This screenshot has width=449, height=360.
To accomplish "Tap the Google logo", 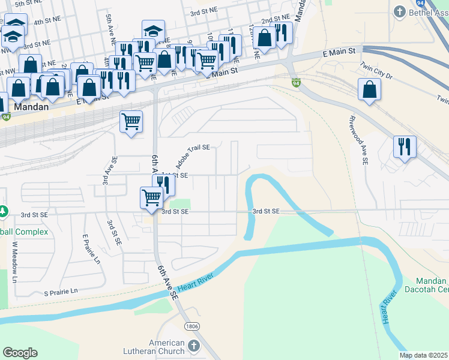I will click(x=20, y=353).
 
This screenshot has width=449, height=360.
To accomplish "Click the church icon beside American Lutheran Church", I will click(x=193, y=346).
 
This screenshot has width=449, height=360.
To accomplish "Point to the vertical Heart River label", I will click(x=391, y=308).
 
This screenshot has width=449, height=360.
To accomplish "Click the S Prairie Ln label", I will click(x=61, y=292).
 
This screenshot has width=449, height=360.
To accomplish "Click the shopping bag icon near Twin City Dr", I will click(x=369, y=89).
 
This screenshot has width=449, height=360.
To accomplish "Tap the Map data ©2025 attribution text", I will click(x=423, y=355).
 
